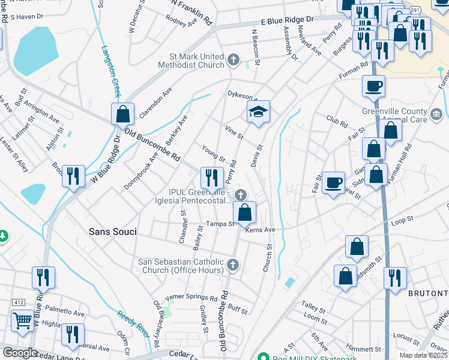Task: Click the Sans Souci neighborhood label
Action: coord(112,231)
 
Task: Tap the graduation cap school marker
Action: coord(258,112)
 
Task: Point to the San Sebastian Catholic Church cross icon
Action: coord(233,264)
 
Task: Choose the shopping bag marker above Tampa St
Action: coord(245,212)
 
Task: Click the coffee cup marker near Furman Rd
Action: coord(373,86)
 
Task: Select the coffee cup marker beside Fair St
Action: coord(333,182)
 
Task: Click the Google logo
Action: coord(20,353)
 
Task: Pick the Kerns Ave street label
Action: coord(259,230)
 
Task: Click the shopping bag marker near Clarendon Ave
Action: coord(122,113)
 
